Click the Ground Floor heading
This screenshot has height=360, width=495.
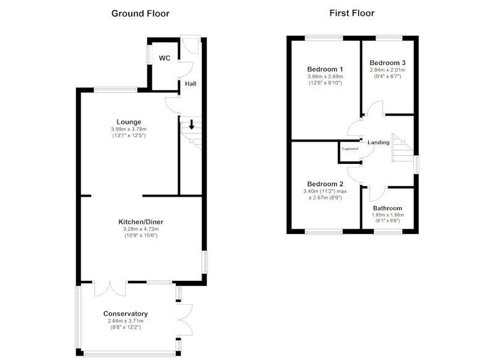point(140,14)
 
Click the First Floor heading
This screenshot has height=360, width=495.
point(352,13)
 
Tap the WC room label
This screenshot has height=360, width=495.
point(165,58)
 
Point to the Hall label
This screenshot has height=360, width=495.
point(191,84)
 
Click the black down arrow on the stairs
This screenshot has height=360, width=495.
point(192,124)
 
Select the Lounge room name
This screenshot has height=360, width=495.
point(129,122)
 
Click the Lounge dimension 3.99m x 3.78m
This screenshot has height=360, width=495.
point(129,129)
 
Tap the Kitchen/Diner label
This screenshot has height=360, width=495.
point(141,222)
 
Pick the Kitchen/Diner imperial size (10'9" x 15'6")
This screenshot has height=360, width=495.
point(141,236)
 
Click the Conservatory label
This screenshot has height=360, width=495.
point(126,314)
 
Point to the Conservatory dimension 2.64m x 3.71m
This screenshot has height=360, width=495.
point(126,321)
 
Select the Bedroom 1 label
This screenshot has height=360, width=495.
point(325,69)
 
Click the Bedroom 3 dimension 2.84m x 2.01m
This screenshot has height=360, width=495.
point(388,70)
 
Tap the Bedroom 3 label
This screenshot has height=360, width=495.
point(388,63)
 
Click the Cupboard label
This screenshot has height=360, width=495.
point(350,148)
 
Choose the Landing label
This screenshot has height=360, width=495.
point(379,143)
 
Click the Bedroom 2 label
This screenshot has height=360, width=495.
point(325,184)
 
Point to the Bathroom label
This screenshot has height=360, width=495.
point(388,208)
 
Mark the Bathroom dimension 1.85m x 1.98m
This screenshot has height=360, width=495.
point(388,215)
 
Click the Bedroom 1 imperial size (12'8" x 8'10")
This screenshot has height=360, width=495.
point(325,83)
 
